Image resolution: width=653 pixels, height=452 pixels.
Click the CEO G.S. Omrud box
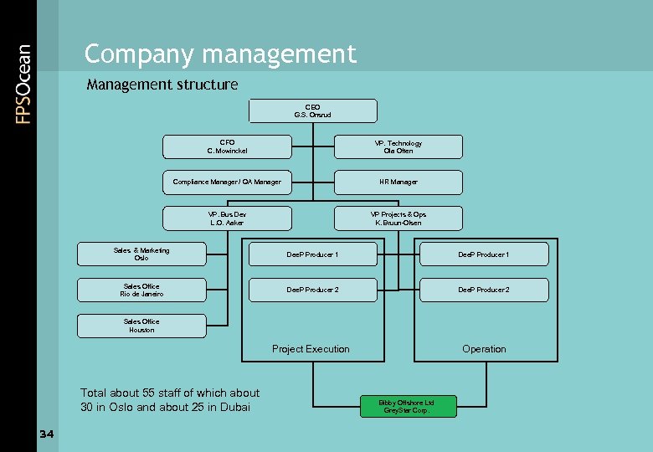point(312,110)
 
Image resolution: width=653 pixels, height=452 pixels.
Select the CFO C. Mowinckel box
point(227,146)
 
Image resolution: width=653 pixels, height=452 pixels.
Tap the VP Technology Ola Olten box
point(398,146)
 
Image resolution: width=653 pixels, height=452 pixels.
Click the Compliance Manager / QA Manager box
point(227,182)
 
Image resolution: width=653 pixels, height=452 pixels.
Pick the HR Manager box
point(398,182)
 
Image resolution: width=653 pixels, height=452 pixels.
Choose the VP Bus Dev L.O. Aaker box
point(227,218)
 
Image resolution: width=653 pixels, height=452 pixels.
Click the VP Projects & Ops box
point(398,218)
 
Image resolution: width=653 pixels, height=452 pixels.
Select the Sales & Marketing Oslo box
point(141,254)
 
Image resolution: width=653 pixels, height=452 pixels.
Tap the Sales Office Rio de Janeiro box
point(141,290)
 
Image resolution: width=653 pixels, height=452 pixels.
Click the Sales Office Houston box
point(141,326)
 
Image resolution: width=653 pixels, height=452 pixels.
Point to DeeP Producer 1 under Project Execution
point(312,254)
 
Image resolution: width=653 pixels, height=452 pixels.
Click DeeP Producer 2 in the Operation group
point(484,290)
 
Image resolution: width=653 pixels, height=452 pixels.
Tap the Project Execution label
point(311,349)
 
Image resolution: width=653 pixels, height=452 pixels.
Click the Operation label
point(484,349)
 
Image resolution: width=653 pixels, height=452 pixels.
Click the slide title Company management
point(220,54)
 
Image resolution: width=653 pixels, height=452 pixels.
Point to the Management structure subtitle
point(162,85)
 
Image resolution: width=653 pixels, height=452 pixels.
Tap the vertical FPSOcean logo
point(23,84)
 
